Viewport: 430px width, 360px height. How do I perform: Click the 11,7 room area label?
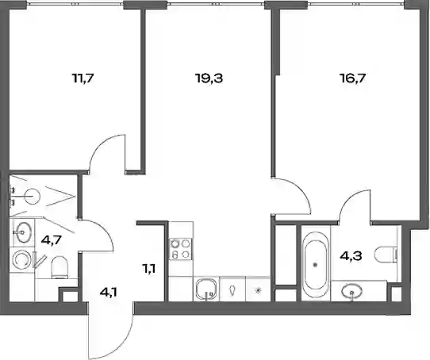83,79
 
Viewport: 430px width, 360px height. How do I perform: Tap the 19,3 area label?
209,79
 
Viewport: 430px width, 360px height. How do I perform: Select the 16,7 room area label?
352,79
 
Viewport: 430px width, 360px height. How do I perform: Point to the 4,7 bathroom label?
51,241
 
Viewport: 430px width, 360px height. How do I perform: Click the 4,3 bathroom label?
351,256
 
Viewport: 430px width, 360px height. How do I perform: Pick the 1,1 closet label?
149,269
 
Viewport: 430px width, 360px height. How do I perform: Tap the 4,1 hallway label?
109,293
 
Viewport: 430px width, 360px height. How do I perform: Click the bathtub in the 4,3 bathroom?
316,264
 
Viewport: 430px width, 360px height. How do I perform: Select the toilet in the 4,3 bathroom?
386,255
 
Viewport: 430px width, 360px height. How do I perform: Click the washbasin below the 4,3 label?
351,292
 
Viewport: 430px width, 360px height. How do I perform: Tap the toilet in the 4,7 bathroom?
60,266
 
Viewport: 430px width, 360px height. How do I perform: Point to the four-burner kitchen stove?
181,249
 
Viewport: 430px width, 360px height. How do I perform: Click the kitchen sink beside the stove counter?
206,289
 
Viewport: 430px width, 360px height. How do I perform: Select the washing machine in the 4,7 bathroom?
21,259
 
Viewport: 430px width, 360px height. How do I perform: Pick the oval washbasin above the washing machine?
22,232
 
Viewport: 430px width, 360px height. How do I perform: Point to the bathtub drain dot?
316,265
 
